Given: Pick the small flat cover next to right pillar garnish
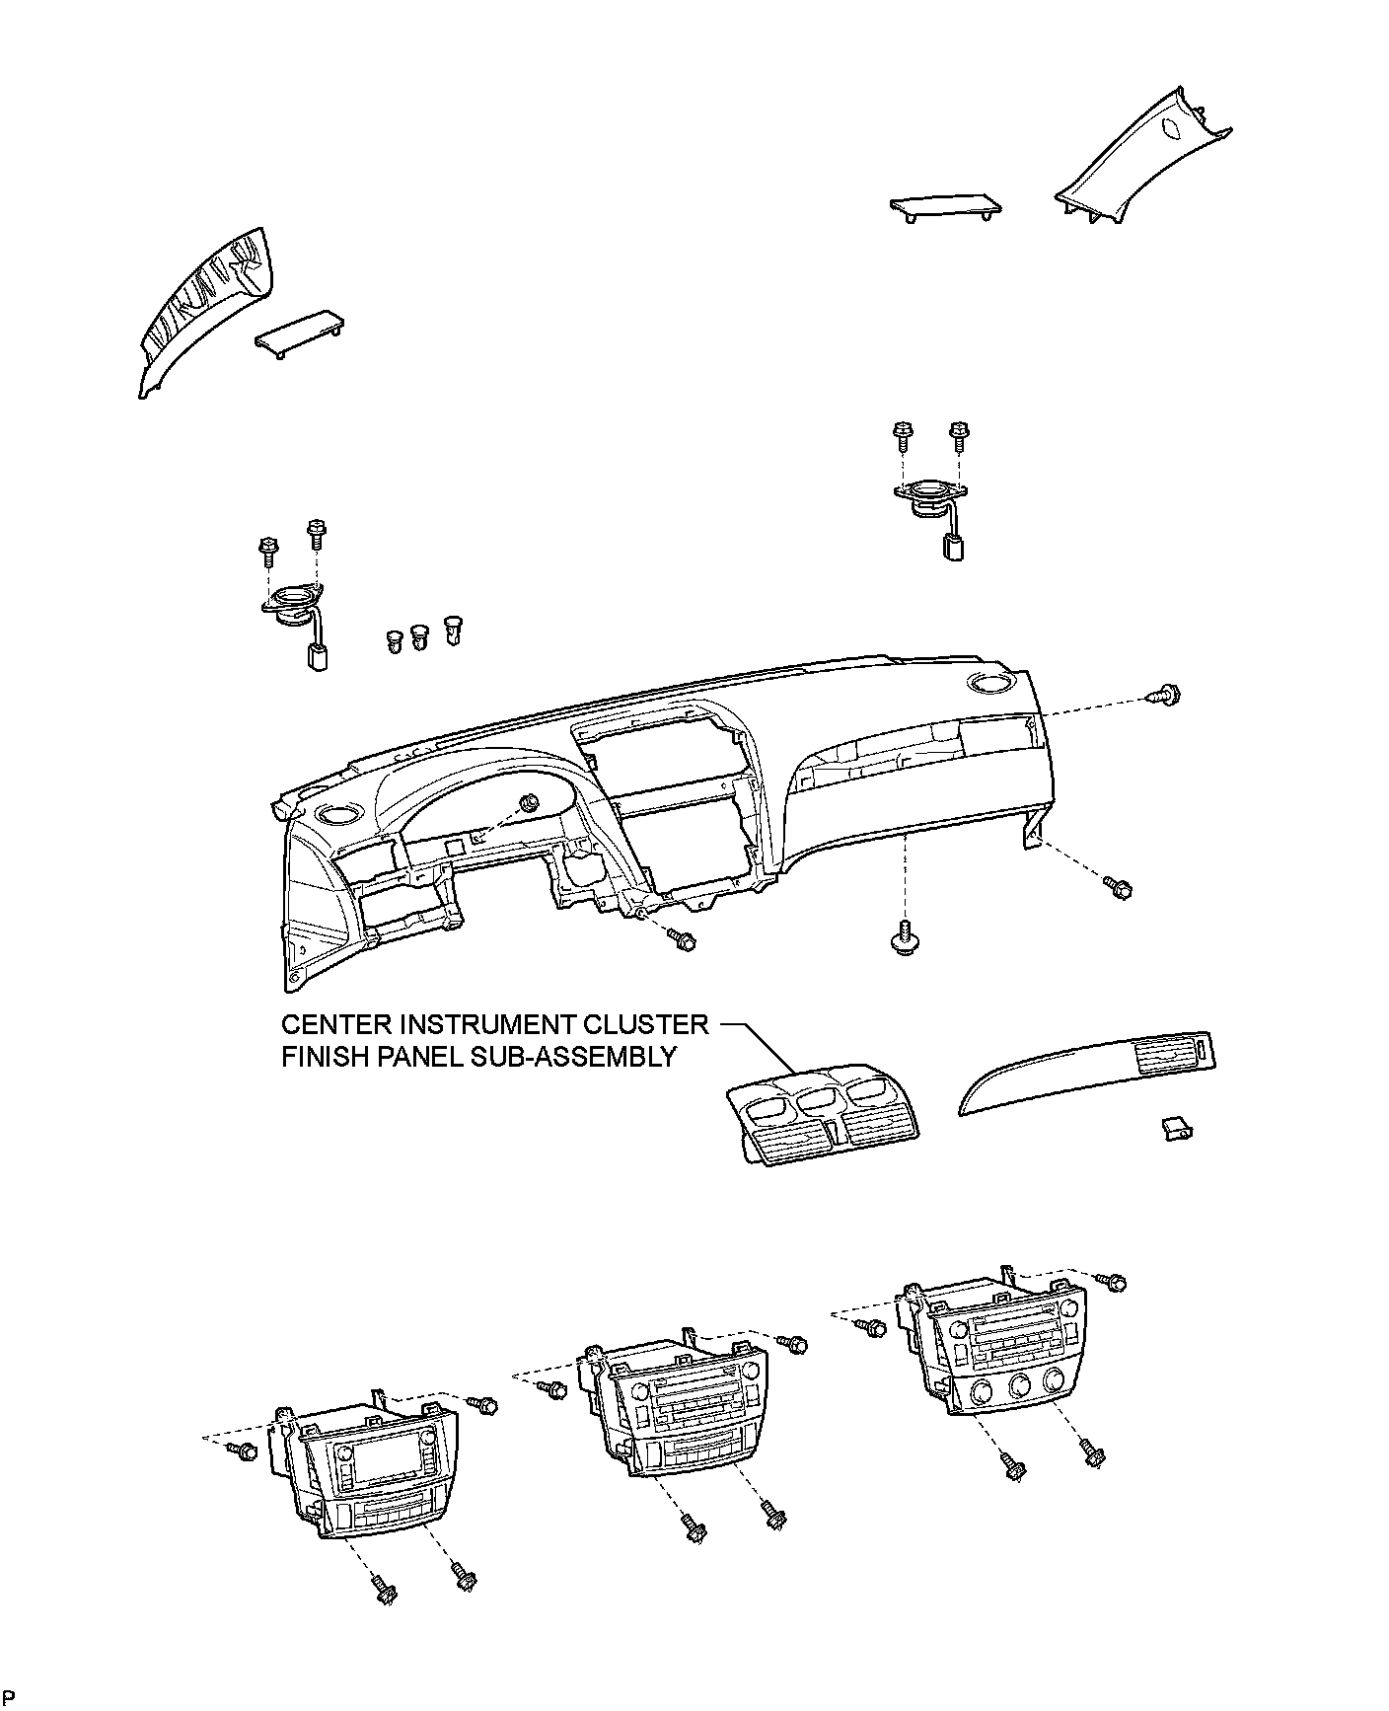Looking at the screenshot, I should click(945, 206).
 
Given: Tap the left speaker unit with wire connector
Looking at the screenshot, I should click(293, 607).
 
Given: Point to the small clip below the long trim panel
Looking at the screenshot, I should click(1175, 1128).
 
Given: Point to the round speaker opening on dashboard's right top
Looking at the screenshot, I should click(989, 683).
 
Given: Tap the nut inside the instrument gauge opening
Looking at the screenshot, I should click(530, 802).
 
